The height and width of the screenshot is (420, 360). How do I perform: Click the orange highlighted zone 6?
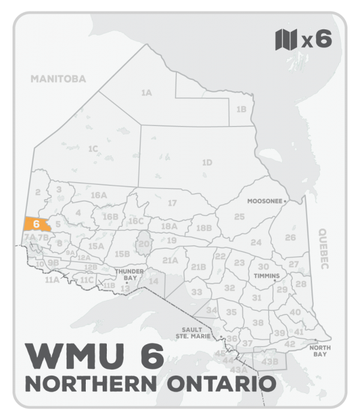[37, 224]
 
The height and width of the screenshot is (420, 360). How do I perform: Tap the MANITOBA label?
[59, 79]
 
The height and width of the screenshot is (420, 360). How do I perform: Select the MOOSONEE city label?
[265, 202]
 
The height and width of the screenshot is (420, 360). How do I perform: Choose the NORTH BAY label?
[317, 351]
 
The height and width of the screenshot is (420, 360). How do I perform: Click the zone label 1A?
[146, 93]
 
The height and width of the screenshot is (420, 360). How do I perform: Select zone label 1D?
[207, 163]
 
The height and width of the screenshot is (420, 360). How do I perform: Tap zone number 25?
[239, 216]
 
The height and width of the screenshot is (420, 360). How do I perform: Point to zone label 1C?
[92, 148]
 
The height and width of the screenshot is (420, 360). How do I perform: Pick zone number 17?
[172, 203]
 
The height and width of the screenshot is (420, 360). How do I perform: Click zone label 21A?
[170, 260]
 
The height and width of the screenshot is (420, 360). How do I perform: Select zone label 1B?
[241, 109]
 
